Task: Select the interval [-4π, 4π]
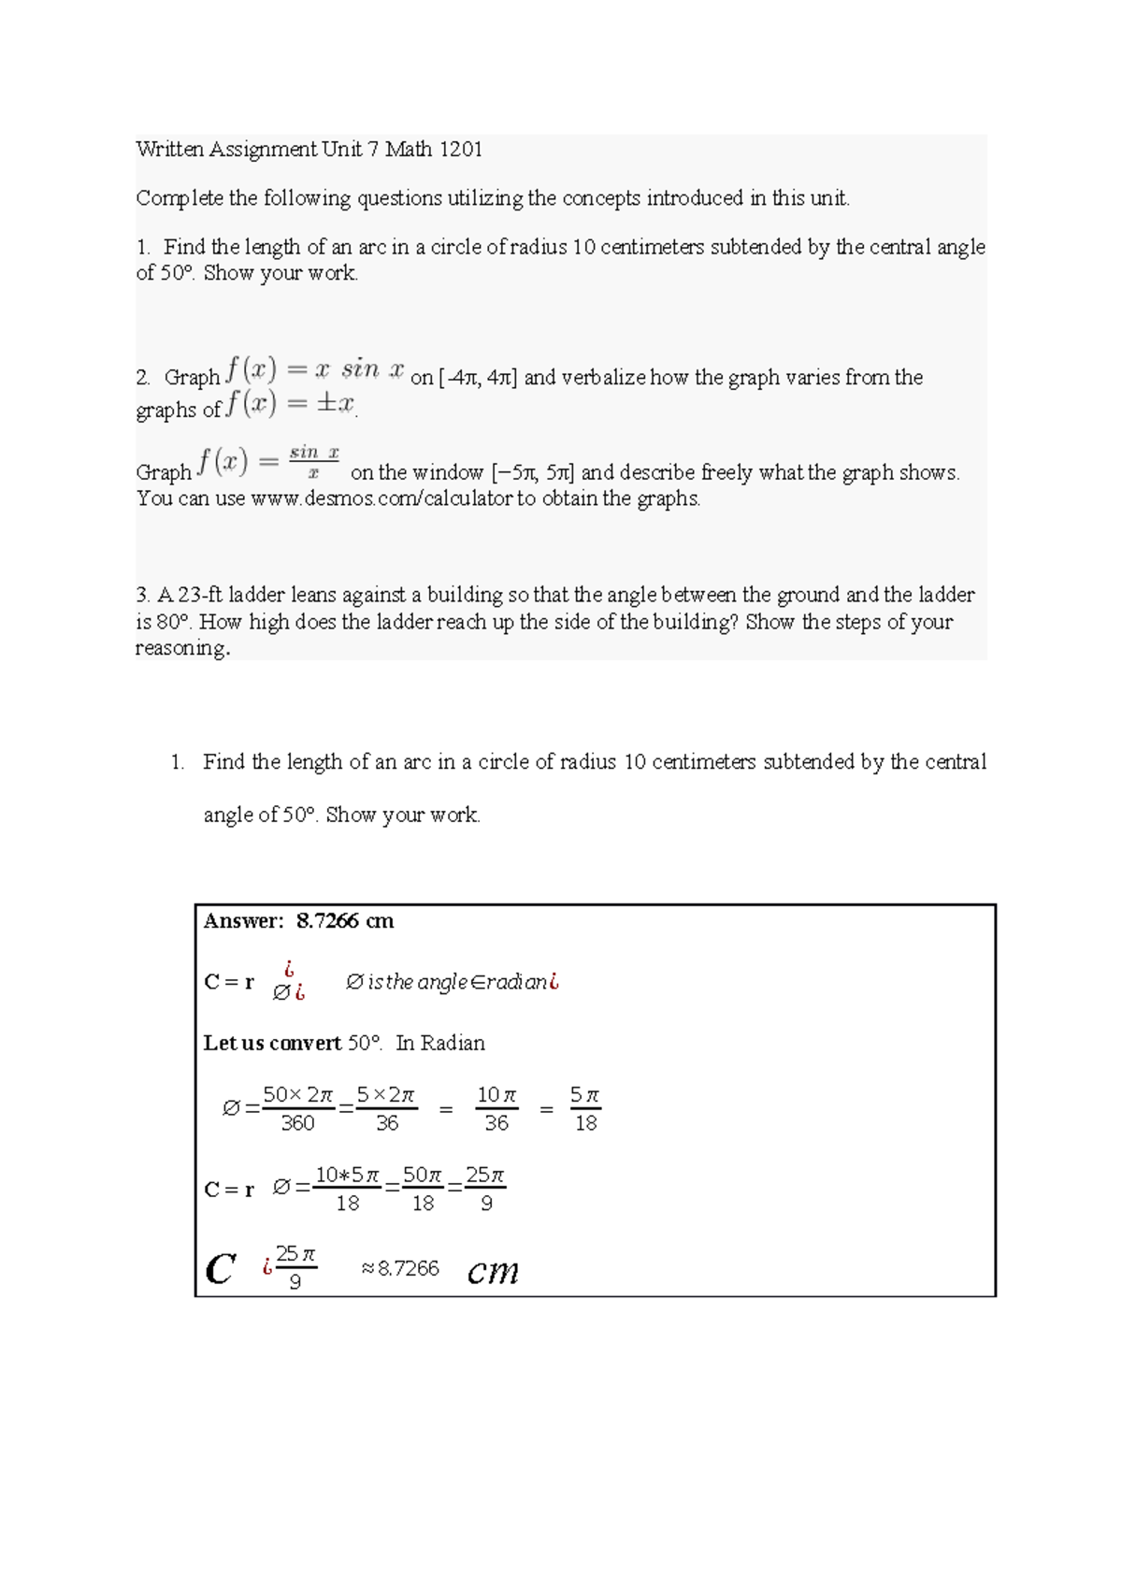coord(477,378)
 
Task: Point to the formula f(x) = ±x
coord(291,404)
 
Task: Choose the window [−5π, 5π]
coord(532,473)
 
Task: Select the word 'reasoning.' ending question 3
coord(182,648)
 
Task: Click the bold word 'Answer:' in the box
coord(243,921)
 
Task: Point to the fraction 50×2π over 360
coord(297,1109)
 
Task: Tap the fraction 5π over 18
coord(585,1109)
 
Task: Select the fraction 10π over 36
coord(496,1109)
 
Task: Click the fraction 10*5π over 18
coord(348,1189)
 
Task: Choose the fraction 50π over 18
coord(423,1189)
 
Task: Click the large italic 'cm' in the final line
coord(493,1270)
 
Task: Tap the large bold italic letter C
coord(220,1270)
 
